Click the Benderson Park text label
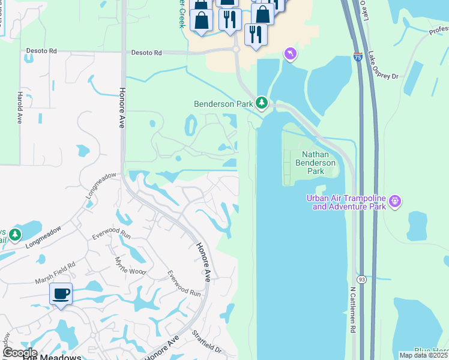[x=223, y=104]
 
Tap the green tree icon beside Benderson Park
[x=262, y=103]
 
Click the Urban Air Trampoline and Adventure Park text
[x=346, y=202]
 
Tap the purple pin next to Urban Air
[x=394, y=201]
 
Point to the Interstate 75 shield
[x=357, y=58]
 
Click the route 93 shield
[x=361, y=280]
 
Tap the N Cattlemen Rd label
[x=354, y=309]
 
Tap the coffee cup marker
[x=61, y=294]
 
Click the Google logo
[x=19, y=353]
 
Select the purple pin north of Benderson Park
[x=291, y=55]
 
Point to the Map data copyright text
[x=423, y=355]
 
